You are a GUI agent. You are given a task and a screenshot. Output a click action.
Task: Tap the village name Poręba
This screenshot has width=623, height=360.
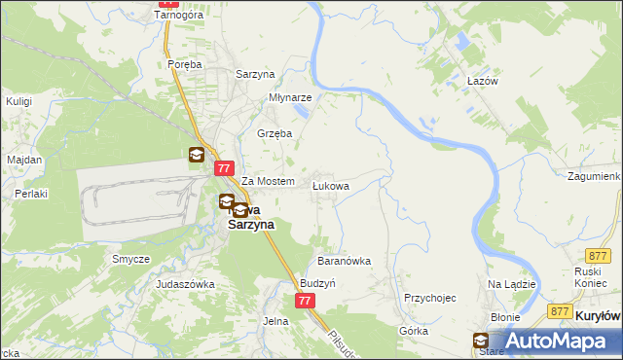184,64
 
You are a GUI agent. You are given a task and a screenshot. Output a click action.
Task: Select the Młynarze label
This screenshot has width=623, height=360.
290,98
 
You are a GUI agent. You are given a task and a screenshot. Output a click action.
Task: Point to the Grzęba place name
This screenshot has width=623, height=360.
274,134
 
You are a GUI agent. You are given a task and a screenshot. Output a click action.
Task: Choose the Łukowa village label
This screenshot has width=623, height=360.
330,184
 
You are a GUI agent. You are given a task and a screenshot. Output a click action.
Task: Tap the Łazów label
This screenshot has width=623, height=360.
482,82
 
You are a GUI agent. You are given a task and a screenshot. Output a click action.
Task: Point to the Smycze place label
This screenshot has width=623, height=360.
130,260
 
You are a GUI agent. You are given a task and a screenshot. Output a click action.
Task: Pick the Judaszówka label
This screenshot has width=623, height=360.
185,284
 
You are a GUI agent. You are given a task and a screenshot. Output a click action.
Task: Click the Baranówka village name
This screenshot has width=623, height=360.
345,261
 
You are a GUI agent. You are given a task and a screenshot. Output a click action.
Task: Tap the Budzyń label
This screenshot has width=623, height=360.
317,282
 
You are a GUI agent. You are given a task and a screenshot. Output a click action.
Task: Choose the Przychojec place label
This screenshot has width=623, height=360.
429,298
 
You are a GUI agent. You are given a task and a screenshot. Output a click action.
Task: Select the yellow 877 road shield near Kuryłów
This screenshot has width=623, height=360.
559,310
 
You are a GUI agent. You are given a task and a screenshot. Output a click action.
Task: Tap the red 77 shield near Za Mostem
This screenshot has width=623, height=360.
223,167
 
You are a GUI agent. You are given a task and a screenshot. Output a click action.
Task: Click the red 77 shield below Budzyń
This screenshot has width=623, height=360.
305,301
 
